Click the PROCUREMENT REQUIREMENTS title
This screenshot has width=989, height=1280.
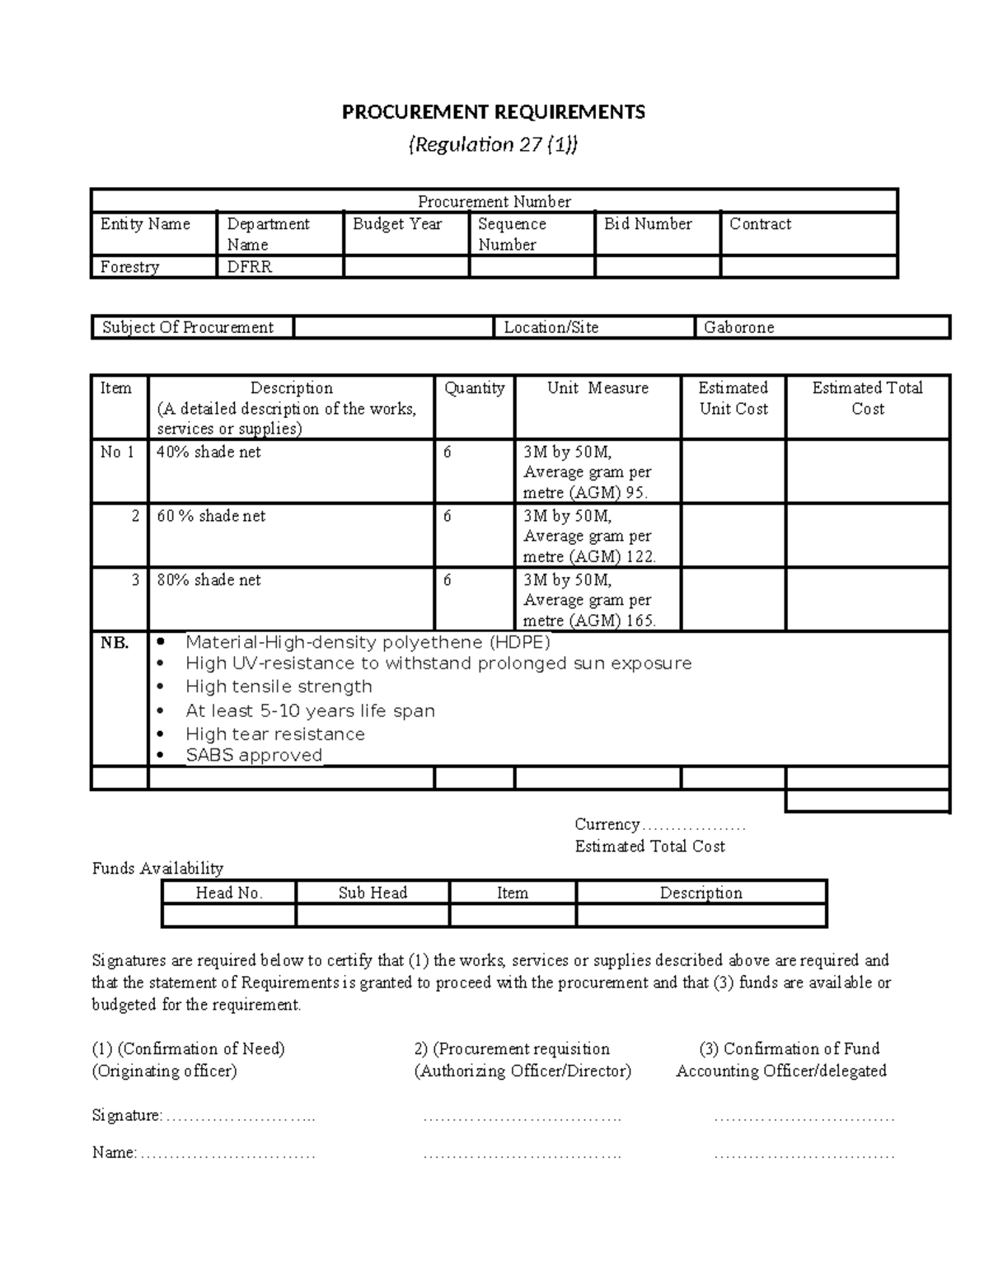click(x=494, y=112)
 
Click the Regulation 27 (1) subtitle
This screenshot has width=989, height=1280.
click(x=494, y=145)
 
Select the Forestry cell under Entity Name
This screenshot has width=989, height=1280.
click(x=129, y=267)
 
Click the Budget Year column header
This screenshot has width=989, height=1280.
click(x=397, y=224)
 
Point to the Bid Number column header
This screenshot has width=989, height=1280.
click(x=648, y=224)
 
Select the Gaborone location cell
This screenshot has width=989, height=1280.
click(x=738, y=327)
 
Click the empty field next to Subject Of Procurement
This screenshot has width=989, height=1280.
click(x=393, y=327)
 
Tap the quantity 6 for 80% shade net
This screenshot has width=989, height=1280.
click(x=448, y=580)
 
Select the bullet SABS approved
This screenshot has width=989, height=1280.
click(x=253, y=756)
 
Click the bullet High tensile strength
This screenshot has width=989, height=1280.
click(x=279, y=687)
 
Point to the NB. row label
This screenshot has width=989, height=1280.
click(x=115, y=643)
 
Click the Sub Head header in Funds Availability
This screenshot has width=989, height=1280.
click(x=373, y=893)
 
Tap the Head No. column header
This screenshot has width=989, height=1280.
click(x=228, y=893)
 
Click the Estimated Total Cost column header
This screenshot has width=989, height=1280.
click(x=867, y=398)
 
